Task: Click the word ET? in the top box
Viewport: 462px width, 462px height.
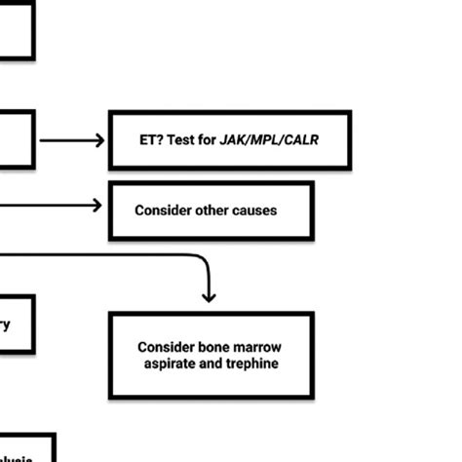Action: (x=152, y=140)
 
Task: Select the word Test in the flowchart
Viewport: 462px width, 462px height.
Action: (x=184, y=140)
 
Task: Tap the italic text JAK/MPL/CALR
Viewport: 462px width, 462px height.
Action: (x=271, y=140)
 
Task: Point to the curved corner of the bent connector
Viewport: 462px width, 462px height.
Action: (x=204, y=260)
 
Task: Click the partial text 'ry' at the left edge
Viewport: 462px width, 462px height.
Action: (x=6, y=326)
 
